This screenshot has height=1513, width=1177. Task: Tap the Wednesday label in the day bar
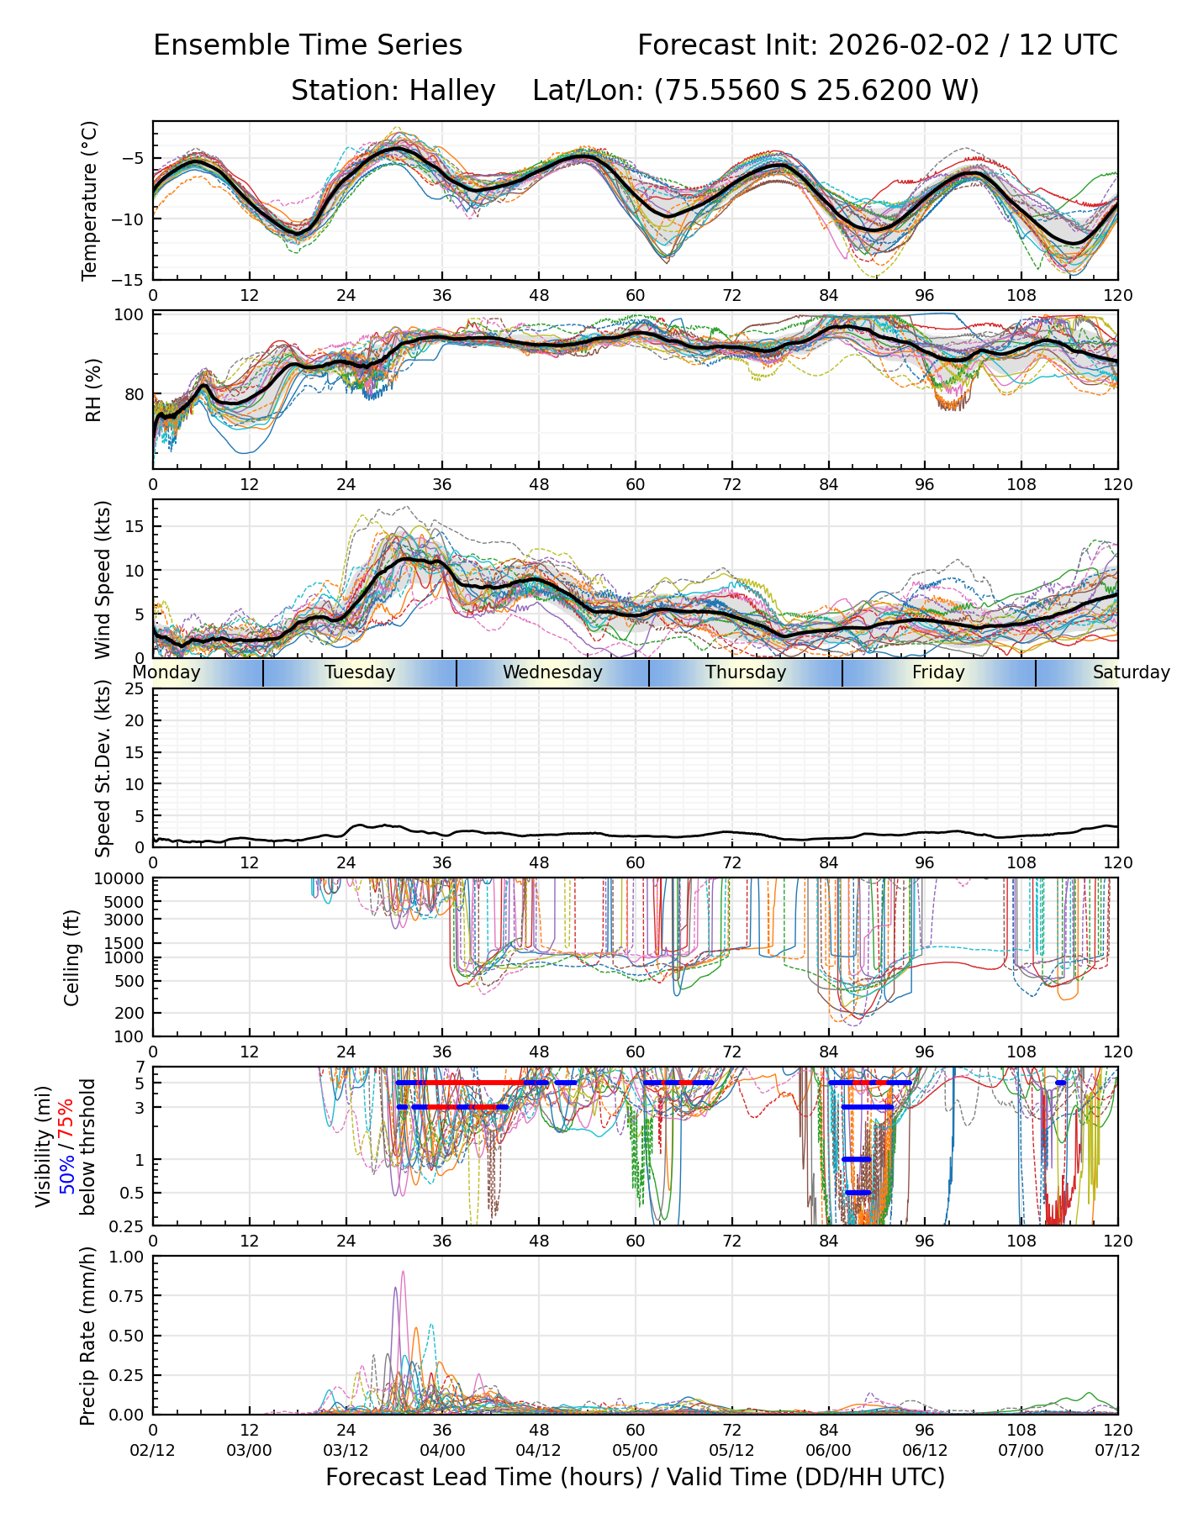click(552, 672)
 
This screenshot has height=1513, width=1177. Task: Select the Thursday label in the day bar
click(746, 672)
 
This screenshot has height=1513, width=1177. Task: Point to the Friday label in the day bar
click(938, 672)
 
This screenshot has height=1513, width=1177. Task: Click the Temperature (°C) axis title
click(90, 200)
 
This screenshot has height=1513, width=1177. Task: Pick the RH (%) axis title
click(93, 390)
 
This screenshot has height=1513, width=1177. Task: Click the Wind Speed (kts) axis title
click(103, 579)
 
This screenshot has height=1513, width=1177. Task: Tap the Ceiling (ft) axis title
click(72, 957)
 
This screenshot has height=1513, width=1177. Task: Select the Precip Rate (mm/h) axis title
click(87, 1336)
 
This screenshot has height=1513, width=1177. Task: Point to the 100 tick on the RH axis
click(131, 315)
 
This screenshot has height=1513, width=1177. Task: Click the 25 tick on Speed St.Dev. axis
click(135, 689)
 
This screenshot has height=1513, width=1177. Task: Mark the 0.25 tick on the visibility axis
click(131, 1226)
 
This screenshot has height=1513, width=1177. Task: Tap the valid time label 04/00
click(442, 1450)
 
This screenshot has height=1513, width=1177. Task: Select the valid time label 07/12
click(1117, 1450)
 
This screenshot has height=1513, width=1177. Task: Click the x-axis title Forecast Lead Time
click(635, 1477)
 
